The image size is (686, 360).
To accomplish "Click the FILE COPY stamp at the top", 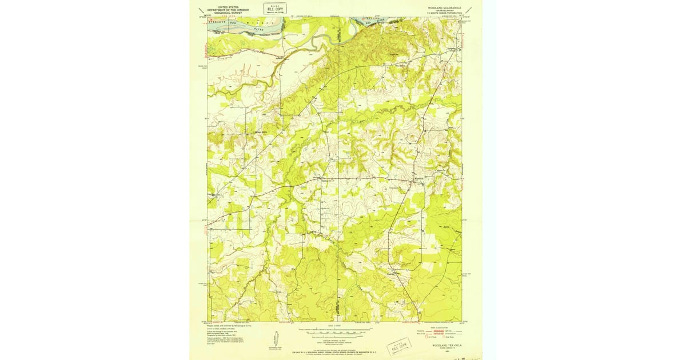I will tap(276, 8).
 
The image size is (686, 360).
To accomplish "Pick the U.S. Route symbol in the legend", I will tap(428, 338).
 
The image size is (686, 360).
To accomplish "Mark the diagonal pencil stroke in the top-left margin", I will tap(200, 10).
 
